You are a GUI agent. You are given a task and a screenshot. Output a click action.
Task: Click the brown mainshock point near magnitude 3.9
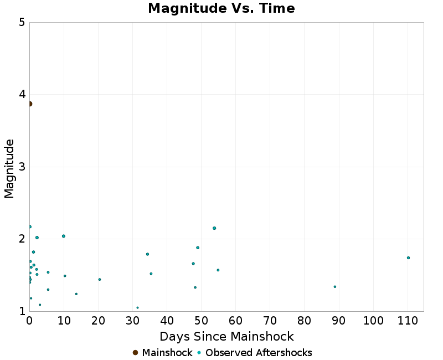30,104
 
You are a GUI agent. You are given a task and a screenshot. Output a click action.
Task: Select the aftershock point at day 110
408,258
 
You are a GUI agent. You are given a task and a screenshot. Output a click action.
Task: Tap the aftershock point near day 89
335,286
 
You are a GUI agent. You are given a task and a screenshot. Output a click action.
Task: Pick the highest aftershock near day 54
214,228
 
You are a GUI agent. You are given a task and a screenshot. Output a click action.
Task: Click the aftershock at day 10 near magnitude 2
64,236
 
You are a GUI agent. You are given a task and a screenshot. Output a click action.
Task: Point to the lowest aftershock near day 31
137,307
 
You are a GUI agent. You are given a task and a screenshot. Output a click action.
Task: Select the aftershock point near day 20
100,279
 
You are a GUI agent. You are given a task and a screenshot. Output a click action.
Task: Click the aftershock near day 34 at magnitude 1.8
147,254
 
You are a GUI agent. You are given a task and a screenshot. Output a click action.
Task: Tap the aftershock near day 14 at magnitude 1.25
76,294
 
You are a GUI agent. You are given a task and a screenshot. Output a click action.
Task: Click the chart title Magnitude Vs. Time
221,8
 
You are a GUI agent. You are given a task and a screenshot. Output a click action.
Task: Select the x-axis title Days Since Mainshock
226,336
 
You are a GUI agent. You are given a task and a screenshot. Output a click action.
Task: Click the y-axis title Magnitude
9,168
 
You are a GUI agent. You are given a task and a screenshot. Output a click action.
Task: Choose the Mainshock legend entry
163,353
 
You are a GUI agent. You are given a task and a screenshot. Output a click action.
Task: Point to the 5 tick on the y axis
22,23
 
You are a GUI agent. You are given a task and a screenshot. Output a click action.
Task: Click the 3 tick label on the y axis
22,167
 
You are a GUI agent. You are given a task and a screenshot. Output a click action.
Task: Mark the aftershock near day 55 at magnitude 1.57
218,270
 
